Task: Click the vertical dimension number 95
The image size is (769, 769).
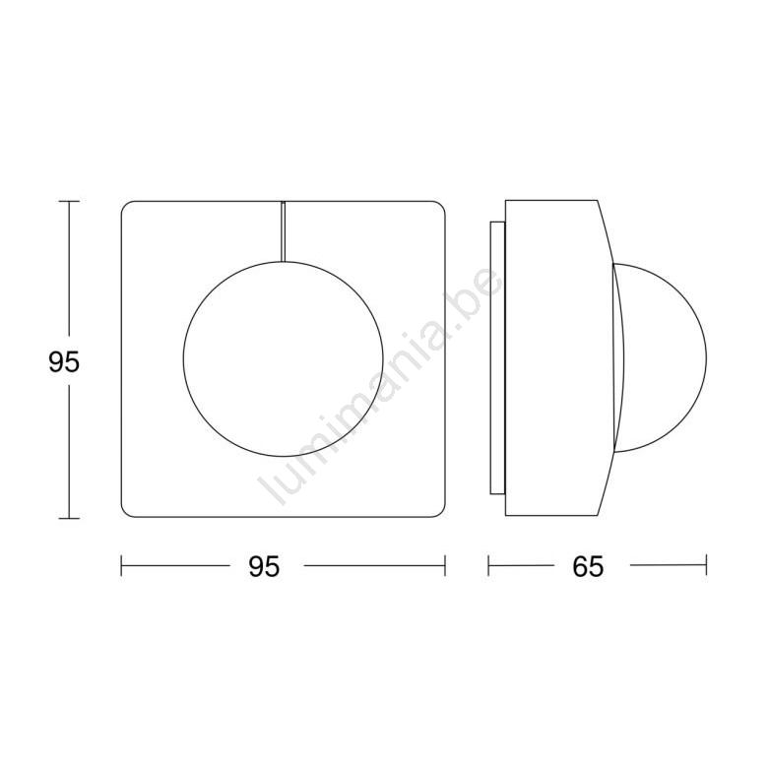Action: [64, 363]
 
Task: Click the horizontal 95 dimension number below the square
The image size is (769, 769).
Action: [264, 567]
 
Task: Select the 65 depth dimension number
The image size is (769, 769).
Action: [588, 567]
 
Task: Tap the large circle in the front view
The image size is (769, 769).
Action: [183, 359]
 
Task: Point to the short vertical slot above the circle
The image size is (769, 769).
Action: [283, 231]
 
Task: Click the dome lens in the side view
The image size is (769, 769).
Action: [706, 358]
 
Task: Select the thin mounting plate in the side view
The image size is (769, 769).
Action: [497, 357]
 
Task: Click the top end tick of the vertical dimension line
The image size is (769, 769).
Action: [69, 201]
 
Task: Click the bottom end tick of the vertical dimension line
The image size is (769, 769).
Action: [69, 518]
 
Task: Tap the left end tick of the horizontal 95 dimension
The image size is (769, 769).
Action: [121, 565]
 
